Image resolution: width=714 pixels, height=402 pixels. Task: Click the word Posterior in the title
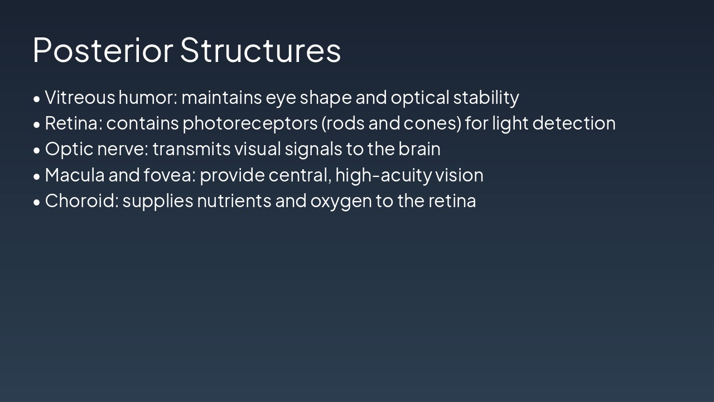click(x=103, y=50)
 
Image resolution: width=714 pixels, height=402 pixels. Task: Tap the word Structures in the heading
click(x=260, y=50)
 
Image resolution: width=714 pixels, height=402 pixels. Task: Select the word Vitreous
click(x=80, y=98)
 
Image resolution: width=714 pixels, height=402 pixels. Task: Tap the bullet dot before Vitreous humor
click(x=37, y=99)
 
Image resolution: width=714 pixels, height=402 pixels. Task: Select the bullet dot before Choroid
click(x=37, y=202)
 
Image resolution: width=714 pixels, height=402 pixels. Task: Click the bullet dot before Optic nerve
click(x=37, y=150)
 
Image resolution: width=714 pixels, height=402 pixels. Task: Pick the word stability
click(x=486, y=98)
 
